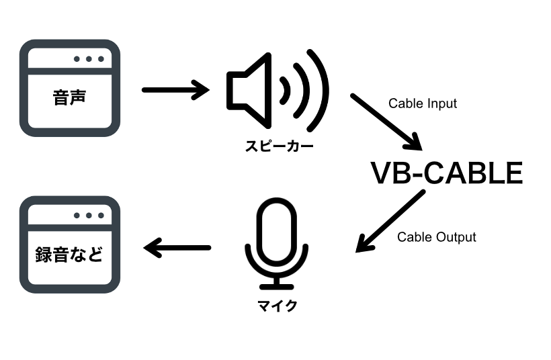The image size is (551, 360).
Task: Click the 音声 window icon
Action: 70,87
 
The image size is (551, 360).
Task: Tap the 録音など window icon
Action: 70,244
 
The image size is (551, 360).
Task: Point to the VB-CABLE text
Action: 446,173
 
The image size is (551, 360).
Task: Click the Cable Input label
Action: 423,103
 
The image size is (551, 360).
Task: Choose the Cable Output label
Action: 436,237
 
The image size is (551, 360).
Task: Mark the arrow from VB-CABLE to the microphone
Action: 390,222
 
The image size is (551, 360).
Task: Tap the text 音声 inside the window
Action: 70,98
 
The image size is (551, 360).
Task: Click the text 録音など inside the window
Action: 69,255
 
